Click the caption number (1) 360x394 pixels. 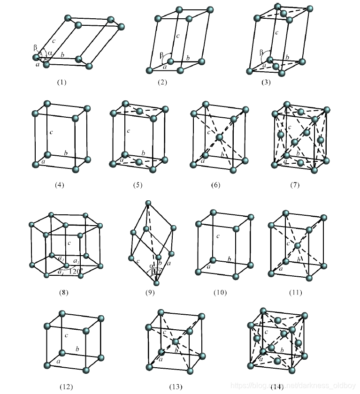[62, 82]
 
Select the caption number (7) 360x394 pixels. [294, 185]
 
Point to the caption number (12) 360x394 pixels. [66, 386]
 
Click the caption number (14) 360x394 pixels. [277, 386]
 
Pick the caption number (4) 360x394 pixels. [59, 185]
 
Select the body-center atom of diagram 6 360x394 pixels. [219, 137]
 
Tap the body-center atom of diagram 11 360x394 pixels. [297, 245]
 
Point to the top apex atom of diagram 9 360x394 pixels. [148, 203]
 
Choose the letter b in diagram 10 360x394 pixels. [230, 259]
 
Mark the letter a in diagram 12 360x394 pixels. [58, 362]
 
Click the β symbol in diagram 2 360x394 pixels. [162, 54]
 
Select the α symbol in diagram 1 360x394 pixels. [50, 53]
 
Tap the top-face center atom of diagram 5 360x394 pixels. [139, 112]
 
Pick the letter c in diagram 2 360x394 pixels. [178, 36]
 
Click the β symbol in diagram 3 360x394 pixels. [261, 53]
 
